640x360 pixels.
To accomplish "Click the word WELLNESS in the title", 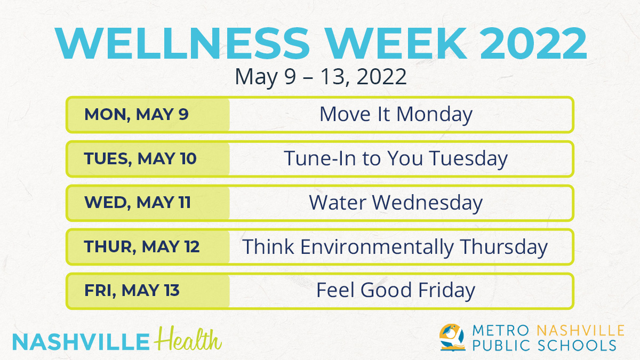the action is pos(182,43).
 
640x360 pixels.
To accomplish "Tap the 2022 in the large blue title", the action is pos(533,43).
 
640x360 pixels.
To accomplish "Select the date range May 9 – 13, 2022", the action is pos(321,77).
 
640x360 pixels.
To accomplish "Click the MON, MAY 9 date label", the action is pos(137,114).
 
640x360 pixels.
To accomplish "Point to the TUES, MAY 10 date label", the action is pos(140,158).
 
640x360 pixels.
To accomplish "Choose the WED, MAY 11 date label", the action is pos(138,202).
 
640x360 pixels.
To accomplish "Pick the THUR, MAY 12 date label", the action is pos(142,246).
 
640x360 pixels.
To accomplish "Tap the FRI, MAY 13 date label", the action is pos(132,290).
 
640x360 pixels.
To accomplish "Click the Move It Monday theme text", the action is pos(396,115).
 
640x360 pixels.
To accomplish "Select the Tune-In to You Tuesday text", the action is pos(396,159).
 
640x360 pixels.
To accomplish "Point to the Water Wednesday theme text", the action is pos(396,203).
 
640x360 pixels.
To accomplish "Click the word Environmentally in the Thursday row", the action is pos(377,247).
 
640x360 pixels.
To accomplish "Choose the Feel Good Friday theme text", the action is pos(396,291).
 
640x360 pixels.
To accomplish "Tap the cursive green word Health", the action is pos(188,339).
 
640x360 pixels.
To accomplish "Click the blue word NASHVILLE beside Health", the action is pos(81,342).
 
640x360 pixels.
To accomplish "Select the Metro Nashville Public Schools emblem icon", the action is pos(452,338).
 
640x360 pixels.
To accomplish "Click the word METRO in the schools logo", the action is pos(501,331).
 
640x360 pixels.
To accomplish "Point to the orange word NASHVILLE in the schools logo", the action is pos(581,331).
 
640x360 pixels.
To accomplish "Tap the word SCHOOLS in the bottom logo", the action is pos(577,346).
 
